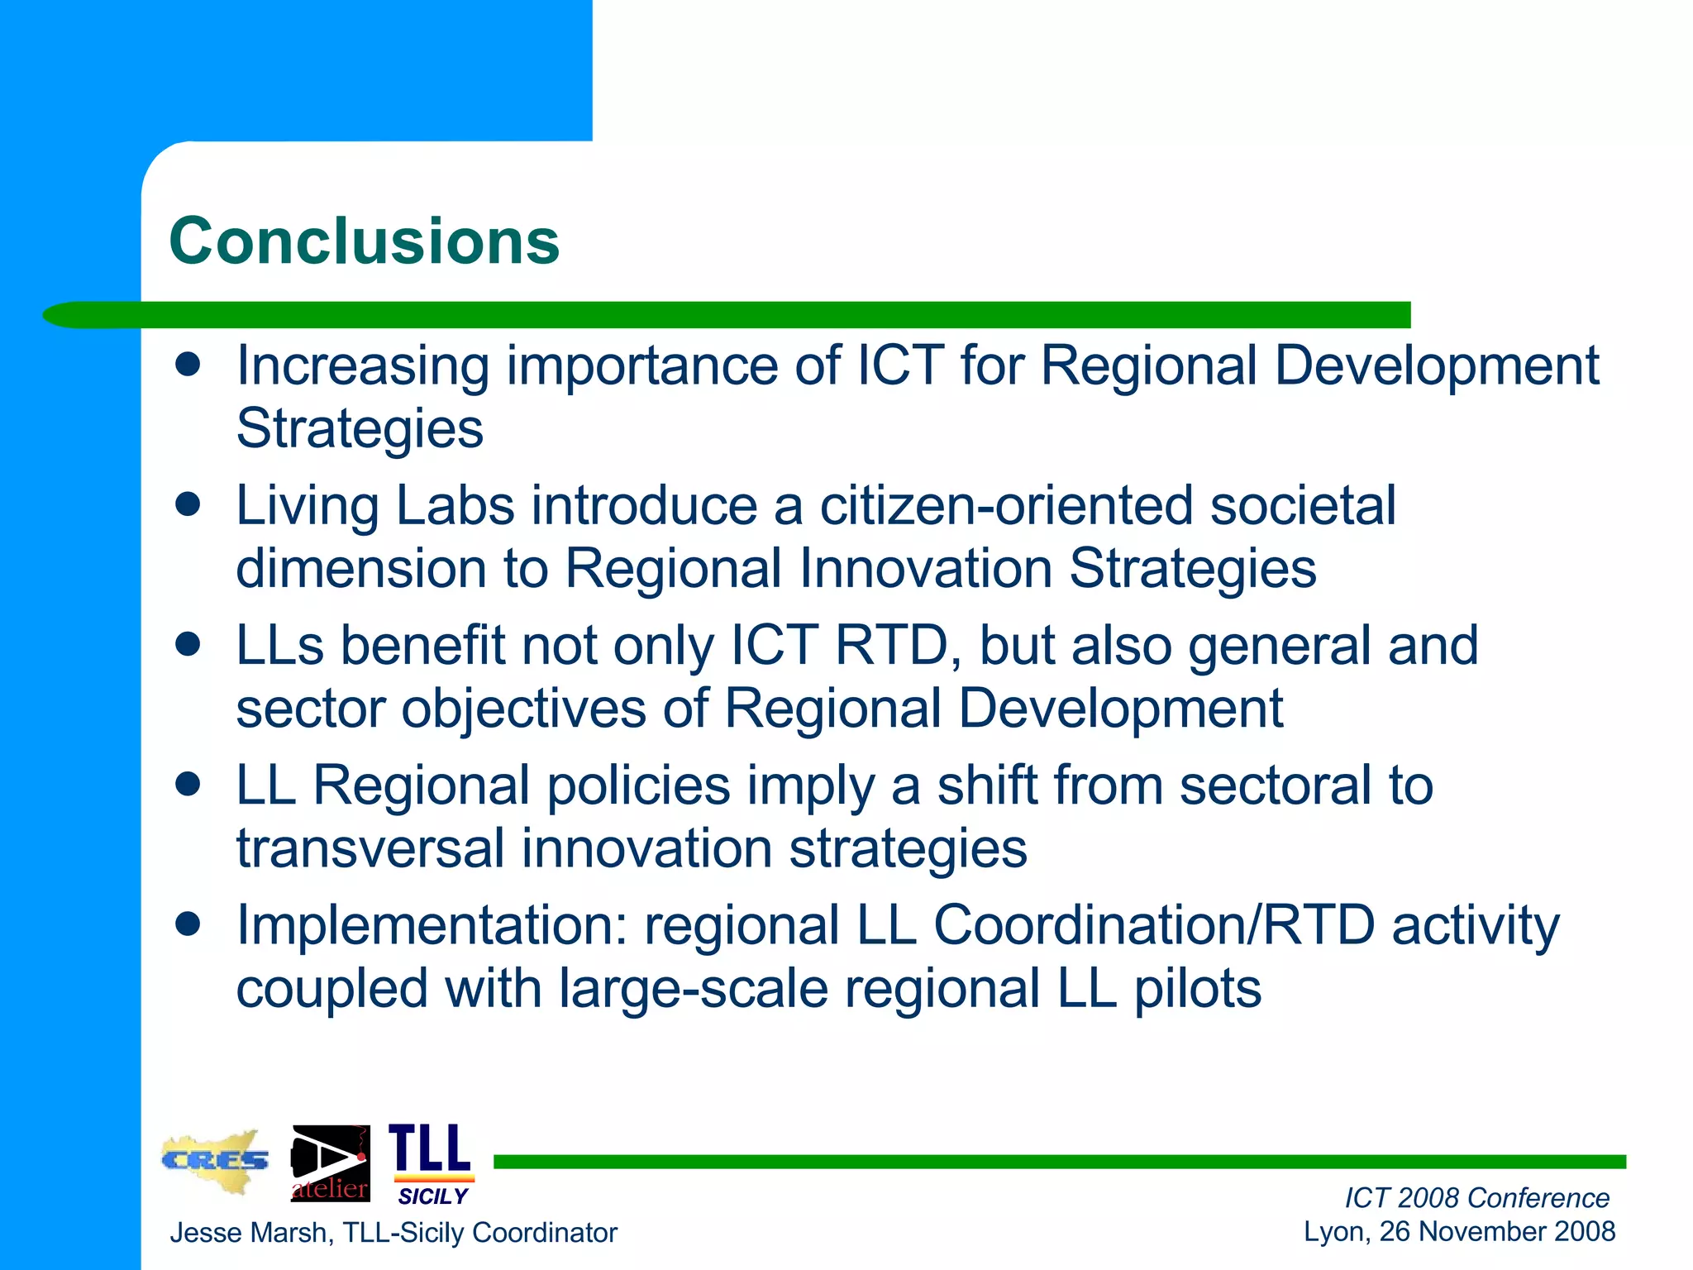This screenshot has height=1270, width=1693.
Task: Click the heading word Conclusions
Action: click(x=364, y=241)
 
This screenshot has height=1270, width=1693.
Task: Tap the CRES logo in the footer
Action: click(x=215, y=1161)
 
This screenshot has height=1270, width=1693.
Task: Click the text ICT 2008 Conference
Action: click(x=1476, y=1197)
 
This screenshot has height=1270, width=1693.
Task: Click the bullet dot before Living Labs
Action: click(x=188, y=504)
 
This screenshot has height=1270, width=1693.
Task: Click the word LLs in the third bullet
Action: click(x=280, y=646)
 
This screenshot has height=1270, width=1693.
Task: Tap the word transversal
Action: click(x=370, y=849)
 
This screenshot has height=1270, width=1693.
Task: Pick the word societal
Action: click(x=1303, y=505)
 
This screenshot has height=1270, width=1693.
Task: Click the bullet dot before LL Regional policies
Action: click(x=188, y=785)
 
